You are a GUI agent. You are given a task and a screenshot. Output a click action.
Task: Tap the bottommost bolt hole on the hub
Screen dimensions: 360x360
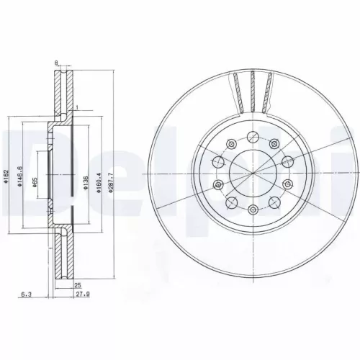click(253, 210)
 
